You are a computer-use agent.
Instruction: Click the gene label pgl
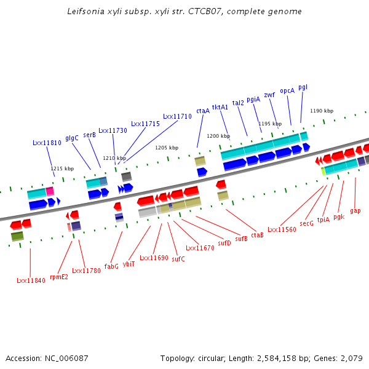coord(303,87)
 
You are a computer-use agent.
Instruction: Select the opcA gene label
coord(287,91)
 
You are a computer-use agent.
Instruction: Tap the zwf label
coord(269,95)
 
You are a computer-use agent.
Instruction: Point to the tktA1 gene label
coord(220,107)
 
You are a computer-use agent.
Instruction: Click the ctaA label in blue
coord(203,111)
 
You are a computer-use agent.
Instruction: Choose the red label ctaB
coord(257,235)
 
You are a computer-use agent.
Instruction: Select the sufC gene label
coord(178,259)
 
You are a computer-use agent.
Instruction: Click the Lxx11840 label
coord(31,280)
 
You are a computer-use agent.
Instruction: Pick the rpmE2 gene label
coord(59,277)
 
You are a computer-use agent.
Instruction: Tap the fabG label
coord(111,266)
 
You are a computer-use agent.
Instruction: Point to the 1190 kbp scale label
coord(322,111)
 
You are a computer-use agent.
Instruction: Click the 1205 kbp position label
coord(167,148)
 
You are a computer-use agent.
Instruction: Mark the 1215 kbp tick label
coord(62,169)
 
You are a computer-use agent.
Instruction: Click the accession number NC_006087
coord(66,359)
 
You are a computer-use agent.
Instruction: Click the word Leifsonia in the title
coord(85,11)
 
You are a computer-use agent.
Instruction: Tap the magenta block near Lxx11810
coord(50,191)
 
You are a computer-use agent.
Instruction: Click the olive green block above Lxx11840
coord(17,236)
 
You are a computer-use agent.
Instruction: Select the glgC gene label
coord(72,138)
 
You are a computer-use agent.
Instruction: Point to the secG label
coord(306,223)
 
